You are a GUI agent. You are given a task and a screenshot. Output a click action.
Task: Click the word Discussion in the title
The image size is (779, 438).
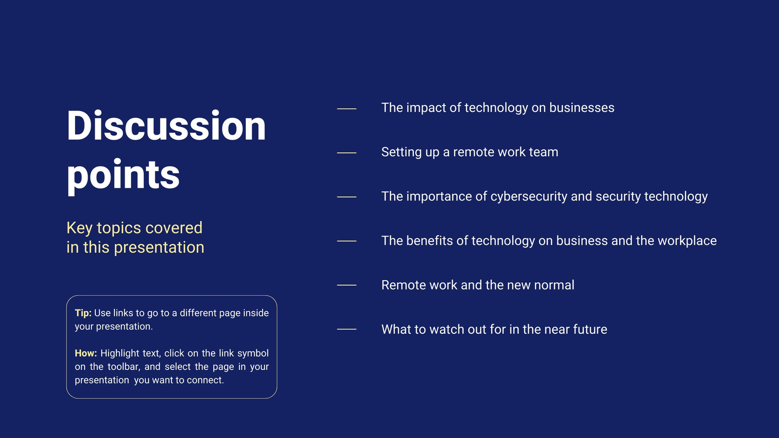[166, 126]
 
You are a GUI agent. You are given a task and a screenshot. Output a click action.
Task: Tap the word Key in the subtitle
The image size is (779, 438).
[79, 228]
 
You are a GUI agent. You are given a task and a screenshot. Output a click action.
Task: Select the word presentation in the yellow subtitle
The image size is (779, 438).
[159, 248]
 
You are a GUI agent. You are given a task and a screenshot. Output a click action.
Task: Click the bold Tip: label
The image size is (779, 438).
[83, 313]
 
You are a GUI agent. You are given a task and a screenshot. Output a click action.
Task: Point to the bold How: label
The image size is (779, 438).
[86, 353]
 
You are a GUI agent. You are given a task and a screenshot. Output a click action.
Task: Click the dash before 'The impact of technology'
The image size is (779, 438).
[347, 109]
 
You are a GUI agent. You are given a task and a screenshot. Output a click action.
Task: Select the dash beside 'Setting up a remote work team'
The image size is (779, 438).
[347, 153]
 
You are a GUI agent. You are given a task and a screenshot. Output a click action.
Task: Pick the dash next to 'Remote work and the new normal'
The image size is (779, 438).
[347, 285]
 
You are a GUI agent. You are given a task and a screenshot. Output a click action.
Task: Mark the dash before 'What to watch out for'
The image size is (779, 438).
[347, 329]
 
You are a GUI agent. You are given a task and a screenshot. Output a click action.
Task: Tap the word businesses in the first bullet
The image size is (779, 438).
[582, 108]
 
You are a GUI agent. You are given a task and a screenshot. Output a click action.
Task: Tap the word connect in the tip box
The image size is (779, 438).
[205, 380]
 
